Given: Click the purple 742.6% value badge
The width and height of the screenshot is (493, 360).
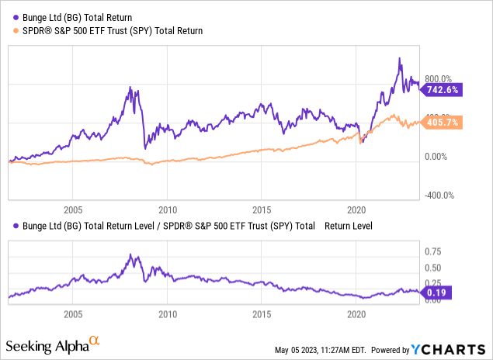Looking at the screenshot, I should pyautogui.click(x=442, y=90).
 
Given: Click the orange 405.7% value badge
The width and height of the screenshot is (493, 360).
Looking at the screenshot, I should pyautogui.click(x=442, y=123).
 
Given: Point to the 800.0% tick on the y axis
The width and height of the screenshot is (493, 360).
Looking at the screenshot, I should pyautogui.click(x=437, y=78).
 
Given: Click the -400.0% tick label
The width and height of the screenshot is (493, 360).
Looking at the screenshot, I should pyautogui.click(x=437, y=196).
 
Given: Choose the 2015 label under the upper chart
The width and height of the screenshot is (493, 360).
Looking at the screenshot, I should pyautogui.click(x=261, y=210).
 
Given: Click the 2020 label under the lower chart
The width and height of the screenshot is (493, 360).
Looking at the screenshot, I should pyautogui.click(x=356, y=315).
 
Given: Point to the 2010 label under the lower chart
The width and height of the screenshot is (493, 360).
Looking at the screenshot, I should pyautogui.click(x=167, y=315).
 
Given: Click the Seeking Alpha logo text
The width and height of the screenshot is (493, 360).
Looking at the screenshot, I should pyautogui.click(x=47, y=344).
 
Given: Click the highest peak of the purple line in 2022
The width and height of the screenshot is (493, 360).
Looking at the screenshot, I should pyautogui.click(x=399, y=58).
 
